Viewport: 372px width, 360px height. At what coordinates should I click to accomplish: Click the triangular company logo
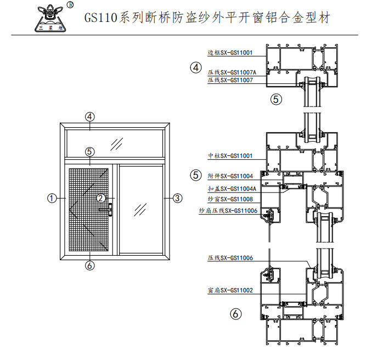click(x=50, y=19)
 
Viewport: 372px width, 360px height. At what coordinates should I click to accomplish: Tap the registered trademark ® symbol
click(x=70, y=5)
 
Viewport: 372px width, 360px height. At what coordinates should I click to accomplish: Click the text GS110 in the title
click(x=101, y=18)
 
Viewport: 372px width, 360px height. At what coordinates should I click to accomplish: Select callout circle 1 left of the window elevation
click(x=52, y=198)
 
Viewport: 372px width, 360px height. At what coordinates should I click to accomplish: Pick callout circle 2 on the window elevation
click(x=100, y=198)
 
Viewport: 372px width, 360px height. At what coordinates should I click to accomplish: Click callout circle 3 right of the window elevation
click(x=178, y=198)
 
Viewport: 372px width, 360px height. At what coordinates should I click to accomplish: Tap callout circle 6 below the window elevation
click(x=89, y=266)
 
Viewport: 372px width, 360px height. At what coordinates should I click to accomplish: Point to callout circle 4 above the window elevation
click(x=89, y=116)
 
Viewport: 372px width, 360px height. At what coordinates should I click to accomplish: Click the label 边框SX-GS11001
click(x=230, y=53)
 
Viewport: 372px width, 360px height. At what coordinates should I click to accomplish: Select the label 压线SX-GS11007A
click(x=232, y=72)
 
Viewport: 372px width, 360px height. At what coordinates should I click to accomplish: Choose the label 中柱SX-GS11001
click(x=230, y=156)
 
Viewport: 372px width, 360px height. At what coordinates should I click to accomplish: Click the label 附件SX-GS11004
click(x=230, y=176)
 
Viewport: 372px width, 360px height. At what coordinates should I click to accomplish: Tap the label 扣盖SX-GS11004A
click(x=232, y=189)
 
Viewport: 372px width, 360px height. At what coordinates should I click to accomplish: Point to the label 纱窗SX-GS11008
click(x=230, y=199)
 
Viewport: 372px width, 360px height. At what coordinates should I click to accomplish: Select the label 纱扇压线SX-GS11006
click(x=228, y=211)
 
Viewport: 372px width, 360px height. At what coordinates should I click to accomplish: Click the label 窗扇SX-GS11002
click(x=230, y=290)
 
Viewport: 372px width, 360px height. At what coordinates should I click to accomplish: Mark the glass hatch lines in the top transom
click(x=116, y=144)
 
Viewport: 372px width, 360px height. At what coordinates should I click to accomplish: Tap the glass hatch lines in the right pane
click(x=140, y=210)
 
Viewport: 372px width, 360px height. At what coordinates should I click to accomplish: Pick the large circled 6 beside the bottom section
click(x=236, y=314)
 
